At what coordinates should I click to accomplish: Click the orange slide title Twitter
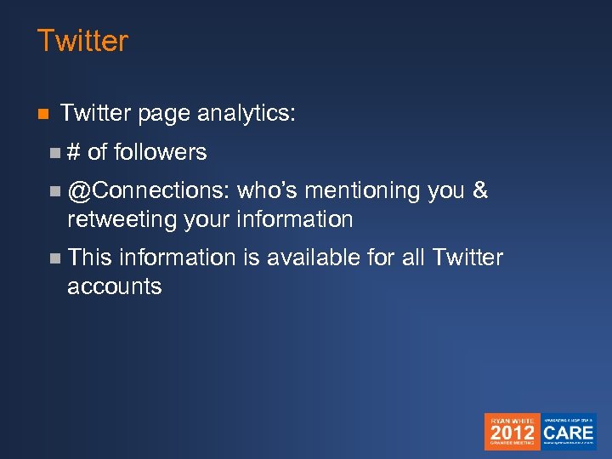point(82,41)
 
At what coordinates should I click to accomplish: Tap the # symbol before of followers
point(74,152)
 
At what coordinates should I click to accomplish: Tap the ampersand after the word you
point(479,190)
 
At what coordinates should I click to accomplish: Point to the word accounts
point(114,286)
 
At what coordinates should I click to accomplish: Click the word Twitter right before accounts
point(467,257)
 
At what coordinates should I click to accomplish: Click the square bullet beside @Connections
point(55,191)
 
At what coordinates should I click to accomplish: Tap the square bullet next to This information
point(55,258)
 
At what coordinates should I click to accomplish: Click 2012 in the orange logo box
point(512,433)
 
